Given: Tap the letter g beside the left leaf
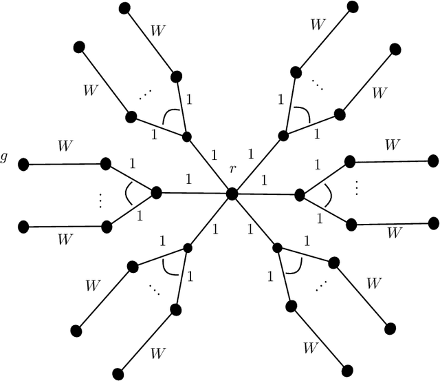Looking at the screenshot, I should [5, 158].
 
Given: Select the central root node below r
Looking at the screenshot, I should [232, 194].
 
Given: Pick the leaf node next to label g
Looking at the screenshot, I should [23, 165].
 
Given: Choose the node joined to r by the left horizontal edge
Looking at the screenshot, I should [156, 193].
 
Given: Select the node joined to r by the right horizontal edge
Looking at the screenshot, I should [300, 195].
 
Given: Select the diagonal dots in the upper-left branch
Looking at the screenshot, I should [144, 97].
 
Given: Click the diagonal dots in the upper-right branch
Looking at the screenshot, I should [318, 86].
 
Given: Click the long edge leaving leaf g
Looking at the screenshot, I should [64, 165].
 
